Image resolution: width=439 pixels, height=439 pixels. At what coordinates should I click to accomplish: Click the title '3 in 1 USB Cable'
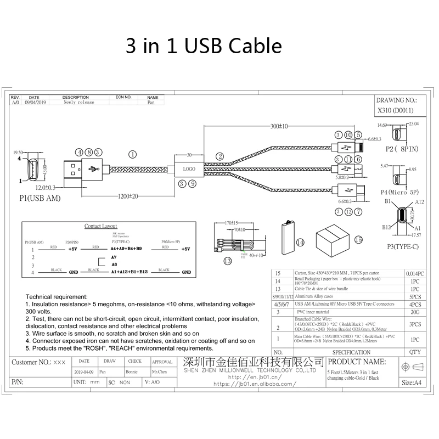[204, 46]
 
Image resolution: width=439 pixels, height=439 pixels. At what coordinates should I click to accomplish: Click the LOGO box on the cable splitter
[189, 169]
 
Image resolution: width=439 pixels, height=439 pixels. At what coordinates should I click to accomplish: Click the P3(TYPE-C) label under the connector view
[401, 246]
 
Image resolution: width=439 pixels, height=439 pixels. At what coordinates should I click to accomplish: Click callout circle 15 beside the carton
[358, 239]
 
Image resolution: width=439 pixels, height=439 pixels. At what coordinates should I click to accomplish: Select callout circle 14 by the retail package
[300, 242]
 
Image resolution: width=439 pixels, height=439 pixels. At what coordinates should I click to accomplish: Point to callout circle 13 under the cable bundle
[228, 261]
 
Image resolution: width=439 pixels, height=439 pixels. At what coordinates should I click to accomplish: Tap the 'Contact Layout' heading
[100, 226]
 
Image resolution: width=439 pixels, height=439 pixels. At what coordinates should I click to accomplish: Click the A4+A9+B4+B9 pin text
[126, 249]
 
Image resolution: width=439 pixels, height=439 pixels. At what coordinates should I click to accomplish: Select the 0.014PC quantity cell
[415, 273]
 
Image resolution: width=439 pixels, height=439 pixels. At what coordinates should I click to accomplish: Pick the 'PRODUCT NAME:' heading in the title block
[357, 362]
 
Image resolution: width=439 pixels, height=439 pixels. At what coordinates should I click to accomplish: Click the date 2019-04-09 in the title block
[84, 372]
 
